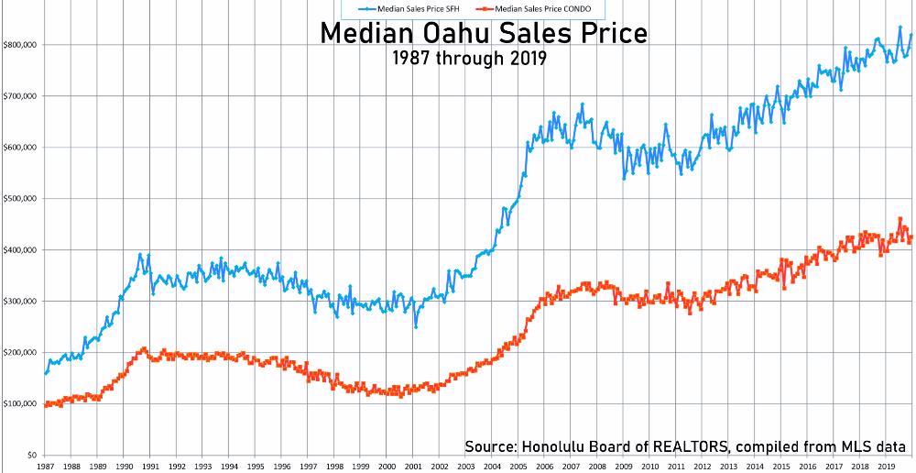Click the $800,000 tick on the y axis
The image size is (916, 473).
point(19,44)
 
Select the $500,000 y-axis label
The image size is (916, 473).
point(19,198)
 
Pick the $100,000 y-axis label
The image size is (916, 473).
point(19,403)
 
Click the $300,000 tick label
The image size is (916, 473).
point(19,301)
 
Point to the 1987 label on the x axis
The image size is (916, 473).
point(45,467)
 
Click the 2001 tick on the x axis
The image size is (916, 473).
point(414,467)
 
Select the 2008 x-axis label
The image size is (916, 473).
point(599,467)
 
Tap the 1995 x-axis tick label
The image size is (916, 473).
point(256,467)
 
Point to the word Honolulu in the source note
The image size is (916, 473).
point(558,446)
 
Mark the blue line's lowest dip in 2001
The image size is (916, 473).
point(416,327)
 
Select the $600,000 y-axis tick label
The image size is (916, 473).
point(19,147)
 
